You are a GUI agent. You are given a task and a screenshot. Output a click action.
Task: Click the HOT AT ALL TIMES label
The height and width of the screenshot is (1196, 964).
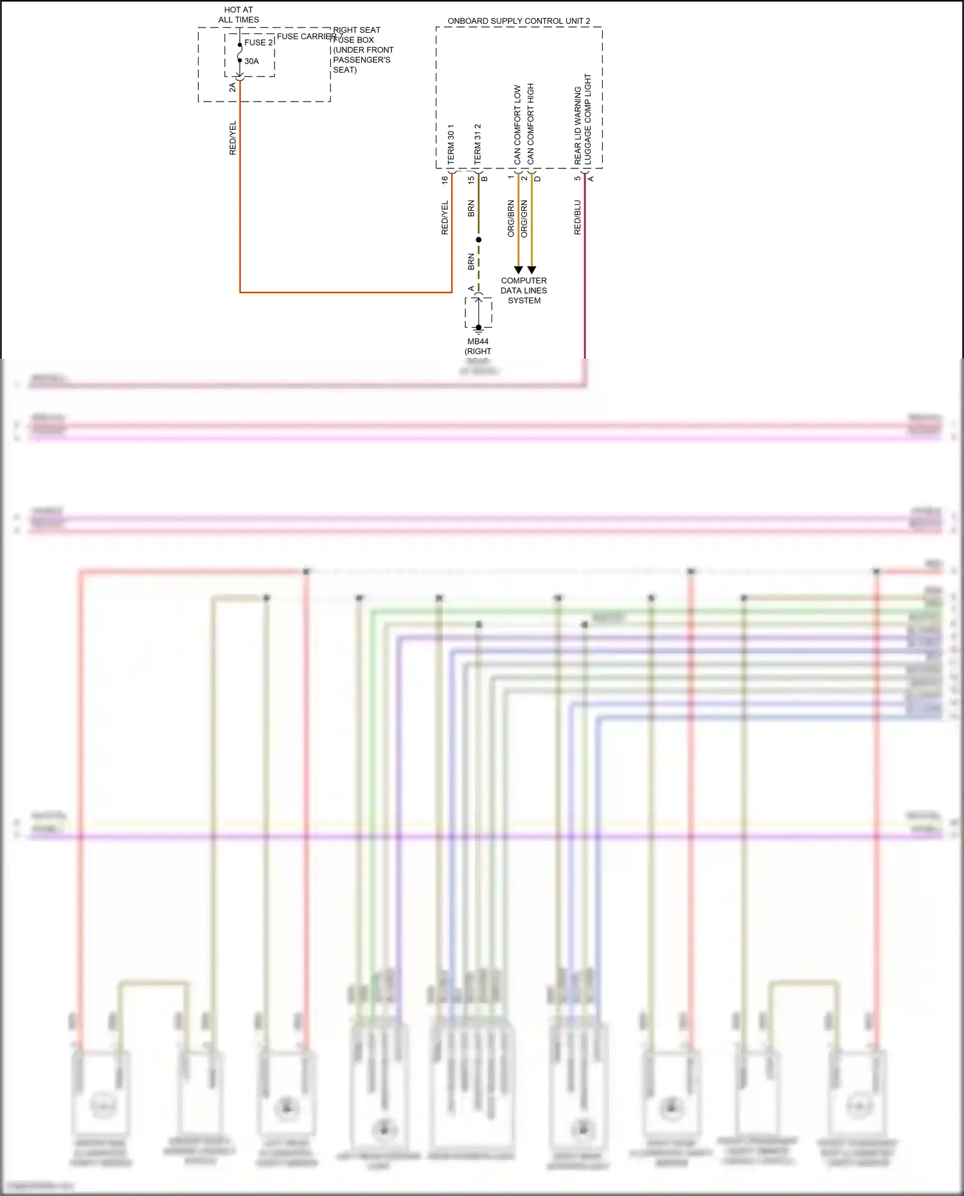[238, 15]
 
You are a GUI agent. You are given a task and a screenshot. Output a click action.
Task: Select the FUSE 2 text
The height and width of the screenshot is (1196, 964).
[258, 42]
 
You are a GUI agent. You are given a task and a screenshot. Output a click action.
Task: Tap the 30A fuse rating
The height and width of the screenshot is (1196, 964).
[251, 62]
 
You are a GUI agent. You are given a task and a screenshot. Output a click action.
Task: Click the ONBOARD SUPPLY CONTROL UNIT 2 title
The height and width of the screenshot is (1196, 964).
[519, 21]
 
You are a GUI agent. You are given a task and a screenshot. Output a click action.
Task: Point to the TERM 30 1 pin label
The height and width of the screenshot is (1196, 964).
[451, 144]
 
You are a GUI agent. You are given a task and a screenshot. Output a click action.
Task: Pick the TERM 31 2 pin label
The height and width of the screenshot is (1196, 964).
[478, 144]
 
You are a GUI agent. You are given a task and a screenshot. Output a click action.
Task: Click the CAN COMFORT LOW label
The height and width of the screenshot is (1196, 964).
[517, 124]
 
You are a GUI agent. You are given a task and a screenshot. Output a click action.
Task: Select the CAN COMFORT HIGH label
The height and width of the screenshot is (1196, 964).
[531, 123]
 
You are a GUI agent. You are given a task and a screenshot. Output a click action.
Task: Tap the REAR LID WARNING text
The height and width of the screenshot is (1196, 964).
[578, 125]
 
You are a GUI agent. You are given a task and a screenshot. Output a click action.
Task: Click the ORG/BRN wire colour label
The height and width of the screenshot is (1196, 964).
[511, 219]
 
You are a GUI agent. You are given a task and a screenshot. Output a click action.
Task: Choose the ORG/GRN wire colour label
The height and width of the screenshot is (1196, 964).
[524, 219]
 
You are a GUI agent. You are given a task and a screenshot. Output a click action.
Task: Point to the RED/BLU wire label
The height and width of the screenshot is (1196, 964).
[577, 217]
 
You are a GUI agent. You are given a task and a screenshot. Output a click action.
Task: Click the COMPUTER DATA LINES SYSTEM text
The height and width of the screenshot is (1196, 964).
[524, 290]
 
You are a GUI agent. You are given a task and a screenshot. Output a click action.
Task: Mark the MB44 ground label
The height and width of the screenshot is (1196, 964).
[478, 342]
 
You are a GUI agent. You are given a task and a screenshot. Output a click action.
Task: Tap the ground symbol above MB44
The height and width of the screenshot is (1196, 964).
[479, 328]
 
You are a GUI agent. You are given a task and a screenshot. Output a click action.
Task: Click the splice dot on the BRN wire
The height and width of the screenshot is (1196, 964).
[478, 240]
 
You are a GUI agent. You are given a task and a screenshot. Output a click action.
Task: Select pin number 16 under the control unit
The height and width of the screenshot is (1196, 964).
[445, 180]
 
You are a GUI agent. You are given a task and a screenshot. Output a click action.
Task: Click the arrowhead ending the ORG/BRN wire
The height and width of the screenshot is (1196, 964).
[518, 270]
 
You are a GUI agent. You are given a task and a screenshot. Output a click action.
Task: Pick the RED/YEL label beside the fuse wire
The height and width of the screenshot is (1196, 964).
[233, 138]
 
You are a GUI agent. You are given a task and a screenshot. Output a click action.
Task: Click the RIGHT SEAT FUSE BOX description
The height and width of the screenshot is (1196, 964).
[362, 50]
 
